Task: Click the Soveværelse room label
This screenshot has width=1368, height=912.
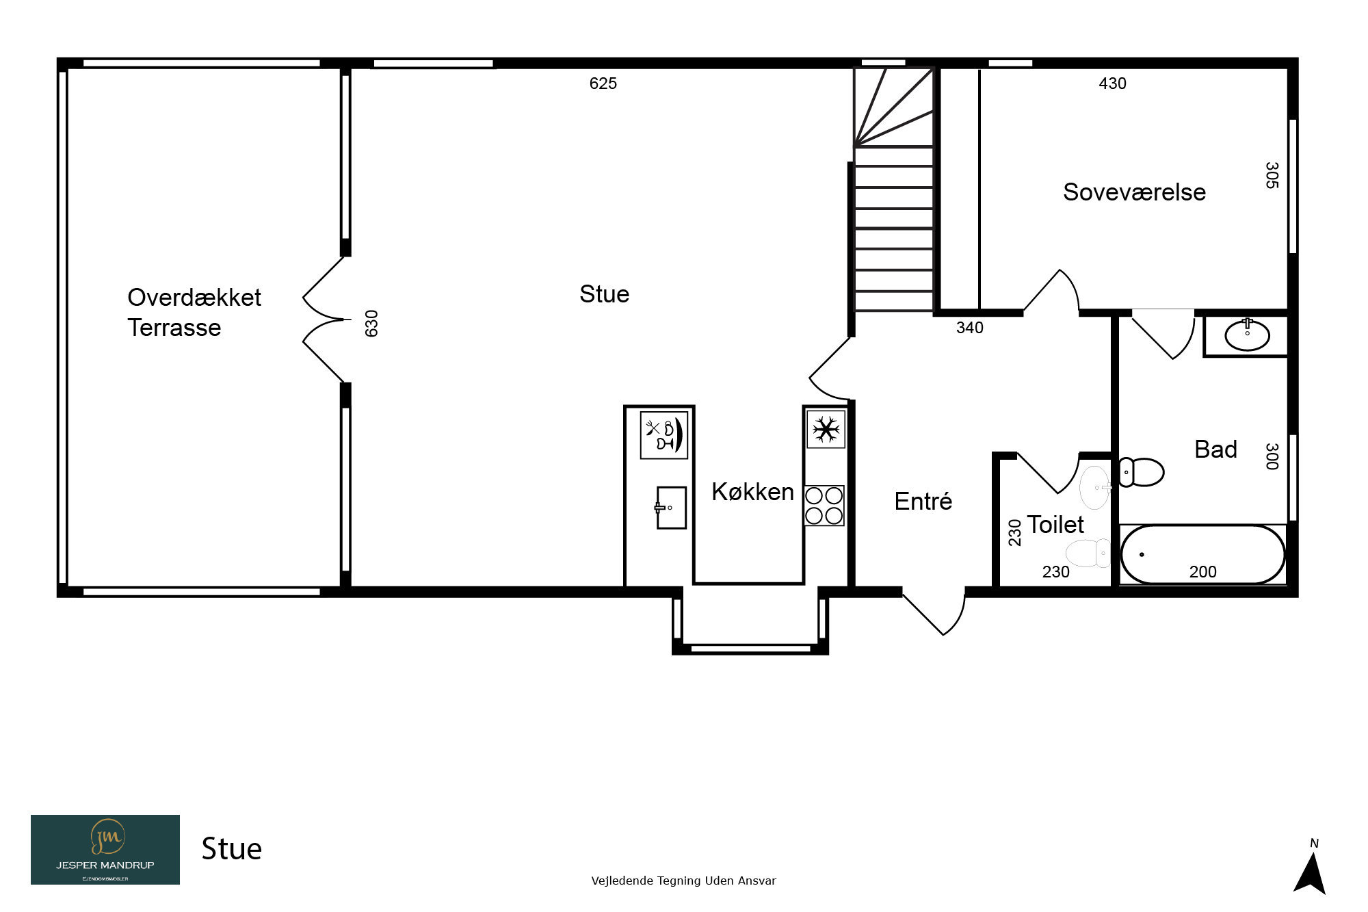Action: (1134, 192)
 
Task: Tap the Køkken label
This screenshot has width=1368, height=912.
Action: (752, 491)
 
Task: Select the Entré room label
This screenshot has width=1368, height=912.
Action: (923, 501)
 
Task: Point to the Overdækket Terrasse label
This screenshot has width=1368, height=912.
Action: (194, 312)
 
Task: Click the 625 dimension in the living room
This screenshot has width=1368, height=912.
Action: (603, 83)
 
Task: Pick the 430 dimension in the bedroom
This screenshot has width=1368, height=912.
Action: (1112, 83)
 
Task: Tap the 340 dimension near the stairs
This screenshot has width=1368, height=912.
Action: (969, 328)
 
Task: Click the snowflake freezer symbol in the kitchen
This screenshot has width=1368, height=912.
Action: (826, 430)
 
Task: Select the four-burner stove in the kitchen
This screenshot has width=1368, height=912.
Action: (824, 506)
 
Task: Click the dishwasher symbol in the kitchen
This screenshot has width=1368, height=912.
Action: (663, 435)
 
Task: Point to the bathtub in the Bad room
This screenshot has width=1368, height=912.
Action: (1203, 554)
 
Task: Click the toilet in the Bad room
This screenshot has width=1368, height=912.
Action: (1141, 472)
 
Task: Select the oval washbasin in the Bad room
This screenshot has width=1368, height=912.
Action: (1247, 335)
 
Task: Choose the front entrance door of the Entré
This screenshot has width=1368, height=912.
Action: (934, 611)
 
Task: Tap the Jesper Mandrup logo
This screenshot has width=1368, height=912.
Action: (105, 850)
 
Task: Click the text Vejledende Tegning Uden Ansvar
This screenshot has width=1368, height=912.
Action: (683, 881)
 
